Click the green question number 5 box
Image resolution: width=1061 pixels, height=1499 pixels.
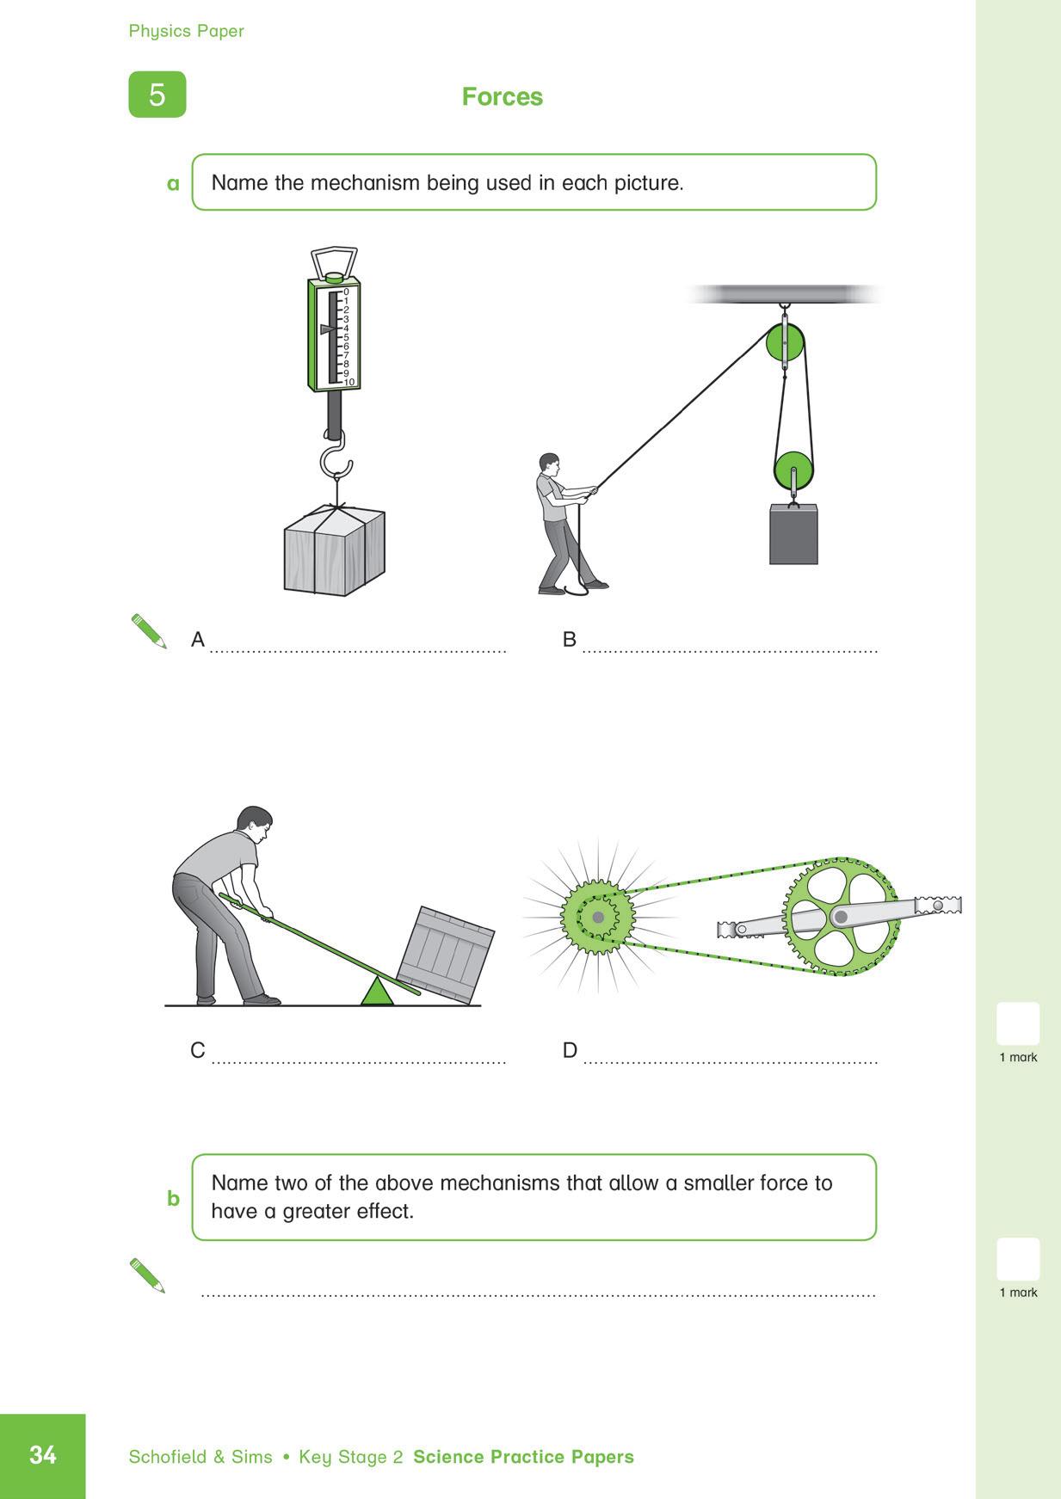pos(157,94)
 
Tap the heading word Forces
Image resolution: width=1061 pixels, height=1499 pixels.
pos(502,96)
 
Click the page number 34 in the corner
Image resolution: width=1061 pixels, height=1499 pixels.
pos(42,1454)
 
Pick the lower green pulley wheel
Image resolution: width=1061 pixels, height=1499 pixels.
pos(793,472)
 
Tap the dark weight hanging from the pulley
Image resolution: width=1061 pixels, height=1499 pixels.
pos(793,535)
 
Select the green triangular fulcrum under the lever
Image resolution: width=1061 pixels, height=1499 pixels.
pos(377,992)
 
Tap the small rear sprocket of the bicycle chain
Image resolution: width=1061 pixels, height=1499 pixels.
pos(597,918)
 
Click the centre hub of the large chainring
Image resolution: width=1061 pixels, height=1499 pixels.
pos(841,917)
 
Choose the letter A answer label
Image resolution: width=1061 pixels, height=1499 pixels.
pos(198,640)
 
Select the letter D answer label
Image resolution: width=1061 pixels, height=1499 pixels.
pos(570,1050)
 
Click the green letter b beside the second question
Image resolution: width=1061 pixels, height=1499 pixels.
pos(173,1198)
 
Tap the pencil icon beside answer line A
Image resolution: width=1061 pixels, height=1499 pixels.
pos(149,631)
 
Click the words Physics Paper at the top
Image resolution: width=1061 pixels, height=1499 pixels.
pos(186,31)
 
